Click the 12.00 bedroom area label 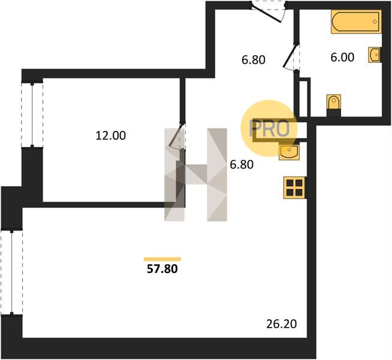[111, 136]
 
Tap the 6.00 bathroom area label [342, 57]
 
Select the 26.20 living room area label [282, 324]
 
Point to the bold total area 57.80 [162, 269]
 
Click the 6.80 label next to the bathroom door [254, 60]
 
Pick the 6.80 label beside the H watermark [242, 164]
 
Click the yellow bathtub [356, 22]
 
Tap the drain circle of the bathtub [375, 22]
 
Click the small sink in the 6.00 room [375, 54]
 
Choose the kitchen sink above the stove [289, 152]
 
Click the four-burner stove [294, 188]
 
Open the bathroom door [291, 56]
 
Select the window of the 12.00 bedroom [32, 115]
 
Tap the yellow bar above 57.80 [162, 259]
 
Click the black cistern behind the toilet [334, 113]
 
